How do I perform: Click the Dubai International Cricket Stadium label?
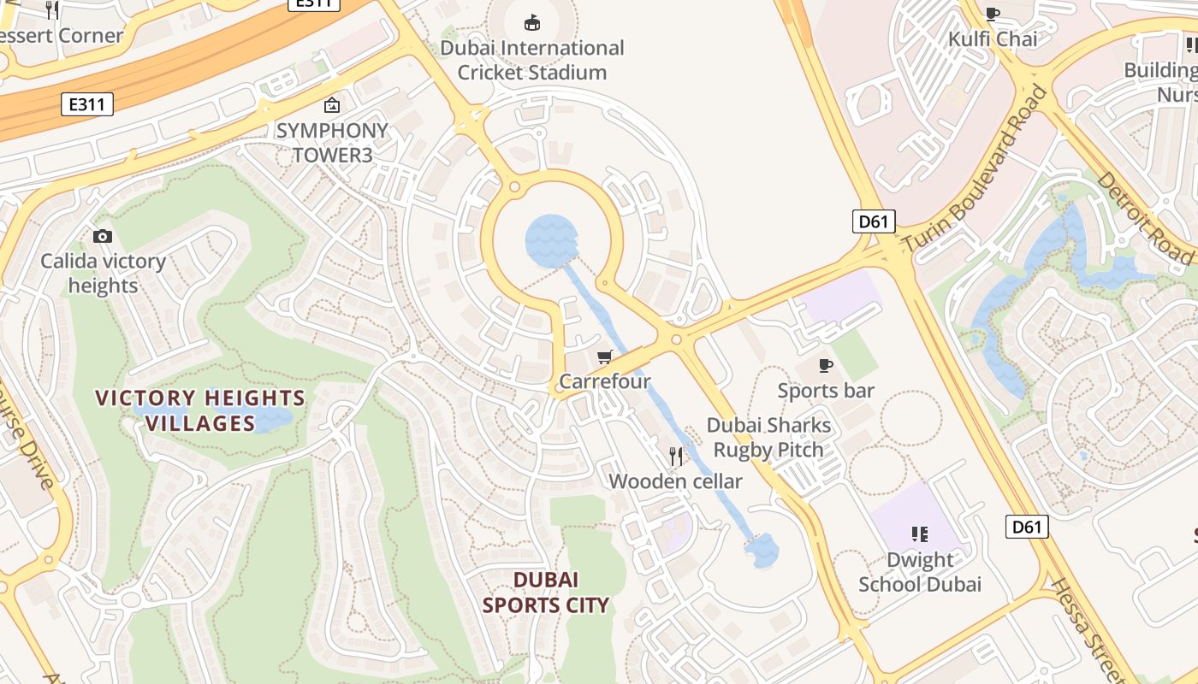(x=531, y=60)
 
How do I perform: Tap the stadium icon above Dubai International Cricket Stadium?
(x=532, y=22)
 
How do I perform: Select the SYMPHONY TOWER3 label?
(x=332, y=143)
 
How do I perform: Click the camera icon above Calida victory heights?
(x=103, y=236)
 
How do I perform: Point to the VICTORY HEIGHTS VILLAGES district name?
(x=200, y=410)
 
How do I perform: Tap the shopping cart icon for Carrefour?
(x=605, y=357)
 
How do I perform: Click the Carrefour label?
(x=605, y=381)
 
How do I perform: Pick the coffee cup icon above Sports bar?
(x=826, y=366)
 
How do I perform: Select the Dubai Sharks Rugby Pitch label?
(x=768, y=437)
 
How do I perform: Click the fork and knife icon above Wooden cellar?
(x=676, y=456)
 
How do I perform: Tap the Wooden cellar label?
(x=675, y=481)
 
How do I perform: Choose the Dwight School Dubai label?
(x=920, y=572)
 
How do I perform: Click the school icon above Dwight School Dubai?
(x=920, y=535)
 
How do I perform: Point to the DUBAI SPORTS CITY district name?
(x=546, y=593)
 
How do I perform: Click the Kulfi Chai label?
(x=993, y=39)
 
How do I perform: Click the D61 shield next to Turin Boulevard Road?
(x=874, y=222)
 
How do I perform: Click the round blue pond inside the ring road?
(x=550, y=240)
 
